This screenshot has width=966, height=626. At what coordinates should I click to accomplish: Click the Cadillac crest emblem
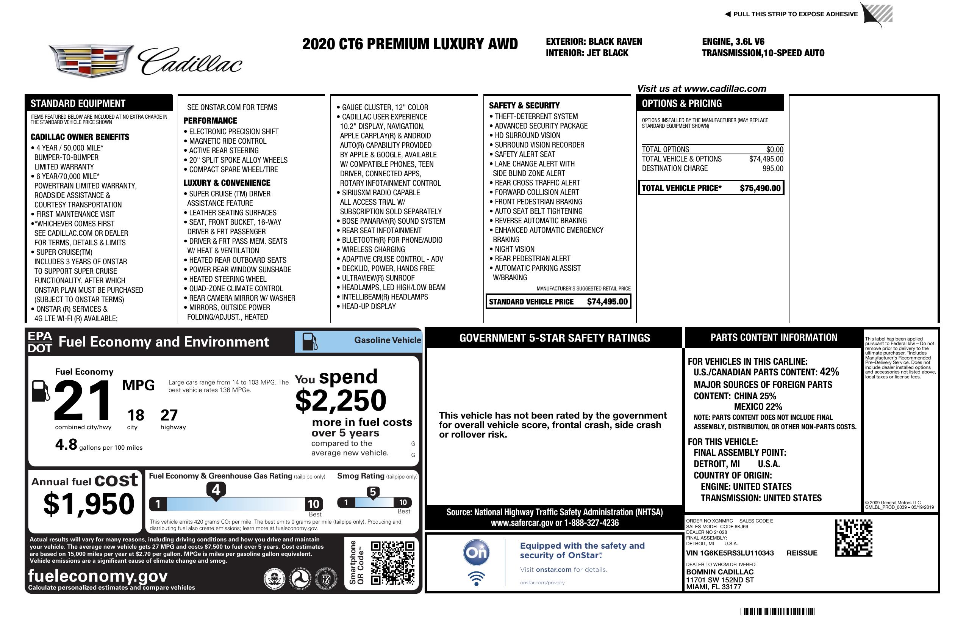tap(91, 61)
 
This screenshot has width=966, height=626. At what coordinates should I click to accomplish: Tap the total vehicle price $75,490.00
tap(760, 188)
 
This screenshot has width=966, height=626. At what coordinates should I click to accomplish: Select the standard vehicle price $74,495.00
tap(607, 301)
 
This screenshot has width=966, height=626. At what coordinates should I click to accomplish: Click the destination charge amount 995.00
tap(772, 169)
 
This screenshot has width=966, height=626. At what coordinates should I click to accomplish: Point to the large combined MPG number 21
tap(83, 400)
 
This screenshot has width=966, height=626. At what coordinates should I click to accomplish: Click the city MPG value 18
tap(136, 415)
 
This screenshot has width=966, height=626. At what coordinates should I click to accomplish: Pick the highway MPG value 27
tap(169, 415)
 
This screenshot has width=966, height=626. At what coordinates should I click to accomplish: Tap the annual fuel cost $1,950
tap(89, 504)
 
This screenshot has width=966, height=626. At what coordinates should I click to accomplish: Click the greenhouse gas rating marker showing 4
tap(216, 490)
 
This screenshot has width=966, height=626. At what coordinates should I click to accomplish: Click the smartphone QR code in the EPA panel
tap(392, 562)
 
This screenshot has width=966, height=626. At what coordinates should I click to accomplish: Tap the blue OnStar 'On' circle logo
tap(476, 552)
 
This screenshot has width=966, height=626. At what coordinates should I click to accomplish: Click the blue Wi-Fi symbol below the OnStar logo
tap(476, 578)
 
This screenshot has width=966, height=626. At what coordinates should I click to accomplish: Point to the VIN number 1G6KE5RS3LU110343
tap(730, 553)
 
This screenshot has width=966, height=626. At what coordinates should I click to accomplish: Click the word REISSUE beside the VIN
tap(802, 553)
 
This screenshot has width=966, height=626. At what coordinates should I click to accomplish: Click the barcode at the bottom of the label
tap(777, 611)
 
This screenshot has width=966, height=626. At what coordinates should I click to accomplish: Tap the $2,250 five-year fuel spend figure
tap(341, 400)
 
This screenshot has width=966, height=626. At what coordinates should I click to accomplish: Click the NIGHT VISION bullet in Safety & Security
tap(514, 249)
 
